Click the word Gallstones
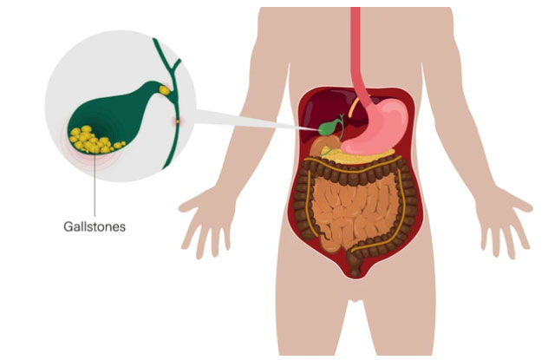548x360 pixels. pos(95,226)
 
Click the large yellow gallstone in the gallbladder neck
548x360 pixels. pos(164,90)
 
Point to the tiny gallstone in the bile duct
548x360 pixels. pos(178,121)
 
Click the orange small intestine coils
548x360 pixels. pos(353,210)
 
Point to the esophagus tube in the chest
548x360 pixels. pos(357,52)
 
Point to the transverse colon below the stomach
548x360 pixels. pos(353,168)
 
